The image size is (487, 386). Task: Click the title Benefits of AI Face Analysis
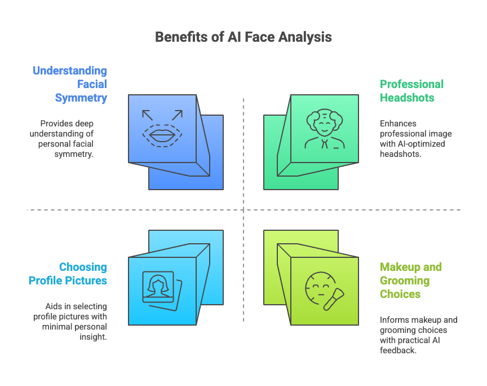pyautogui.click(x=243, y=37)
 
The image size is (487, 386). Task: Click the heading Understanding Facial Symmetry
pyautogui.click(x=70, y=84)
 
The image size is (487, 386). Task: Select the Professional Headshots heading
pyautogui.click(x=411, y=91)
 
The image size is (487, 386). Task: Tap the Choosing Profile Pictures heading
pyautogui.click(x=68, y=274)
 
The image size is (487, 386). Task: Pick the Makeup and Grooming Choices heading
pyautogui.click(x=410, y=280)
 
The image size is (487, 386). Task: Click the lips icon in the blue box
pyautogui.click(x=162, y=135)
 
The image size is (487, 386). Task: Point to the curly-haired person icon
pyautogui.click(x=324, y=129)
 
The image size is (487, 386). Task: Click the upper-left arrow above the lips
pyautogui.click(x=148, y=115)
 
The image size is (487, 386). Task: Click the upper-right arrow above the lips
pyautogui.click(x=177, y=115)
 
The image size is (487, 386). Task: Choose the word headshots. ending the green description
pyautogui.click(x=400, y=154)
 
